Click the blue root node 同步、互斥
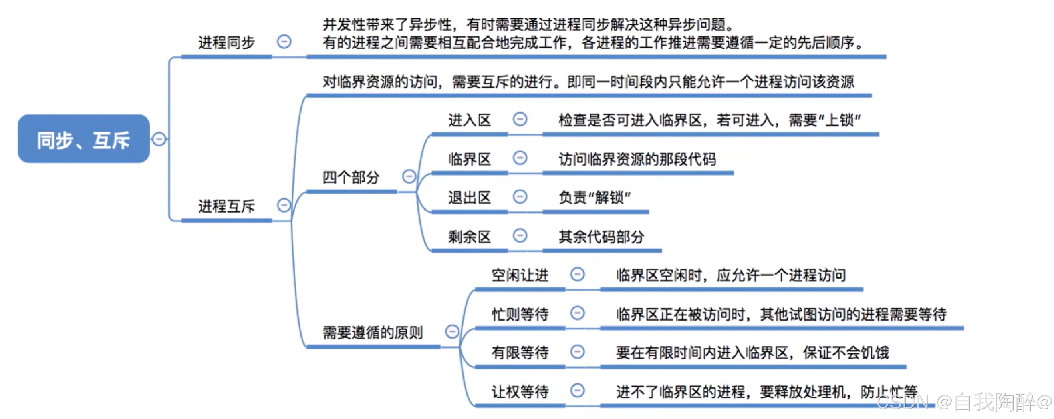[83, 139]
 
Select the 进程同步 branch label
[226, 42]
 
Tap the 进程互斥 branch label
[226, 206]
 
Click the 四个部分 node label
[351, 177]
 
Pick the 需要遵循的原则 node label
[372, 332]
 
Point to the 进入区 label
[469, 120]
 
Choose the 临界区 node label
[469, 159]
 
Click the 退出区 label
[469, 198]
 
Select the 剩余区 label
[469, 237]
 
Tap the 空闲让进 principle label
[520, 275]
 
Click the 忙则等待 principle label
[520, 314]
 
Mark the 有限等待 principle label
[520, 353]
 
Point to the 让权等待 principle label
[520, 392]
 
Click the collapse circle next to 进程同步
[284, 42]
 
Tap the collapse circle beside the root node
[159, 139]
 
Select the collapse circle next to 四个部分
[409, 176]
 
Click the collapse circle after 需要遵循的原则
[452, 331]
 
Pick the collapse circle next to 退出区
[520, 196]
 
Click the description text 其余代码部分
[601, 237]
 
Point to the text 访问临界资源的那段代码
[637, 159]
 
